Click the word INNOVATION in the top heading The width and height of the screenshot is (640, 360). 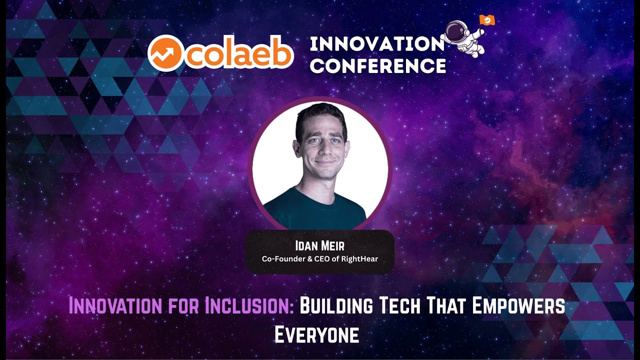[377, 44]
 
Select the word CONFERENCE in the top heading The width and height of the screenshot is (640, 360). [377, 65]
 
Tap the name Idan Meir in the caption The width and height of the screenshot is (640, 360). [319, 246]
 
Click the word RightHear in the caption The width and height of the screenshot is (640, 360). [360, 259]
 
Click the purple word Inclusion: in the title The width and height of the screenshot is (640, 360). [249, 305]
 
